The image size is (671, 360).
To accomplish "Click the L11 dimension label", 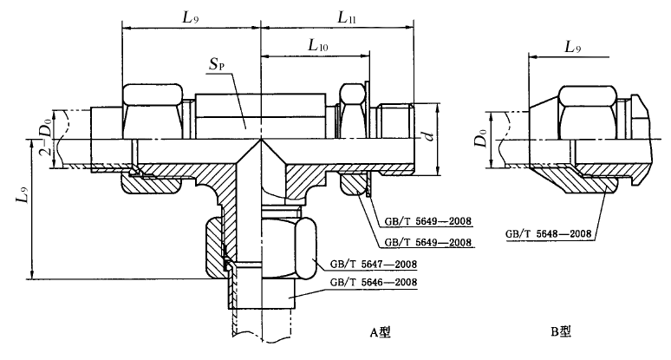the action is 347,18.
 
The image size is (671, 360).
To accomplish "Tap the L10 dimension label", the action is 318,45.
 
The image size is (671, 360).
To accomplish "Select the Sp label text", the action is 217,65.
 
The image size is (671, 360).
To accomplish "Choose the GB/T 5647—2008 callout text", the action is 373,264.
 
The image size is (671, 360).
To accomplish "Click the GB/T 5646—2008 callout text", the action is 373,283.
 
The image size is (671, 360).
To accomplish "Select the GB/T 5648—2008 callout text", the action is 548,233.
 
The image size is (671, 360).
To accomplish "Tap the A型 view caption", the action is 381,332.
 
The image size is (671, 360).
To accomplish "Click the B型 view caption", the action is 561,331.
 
